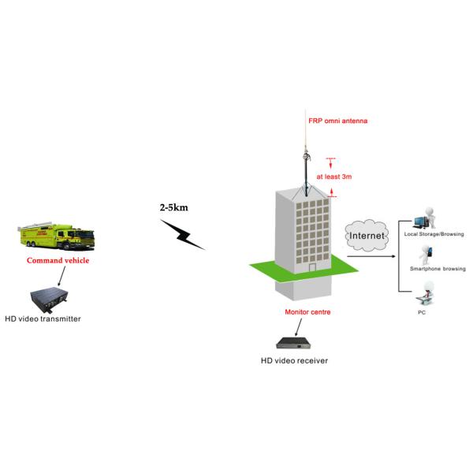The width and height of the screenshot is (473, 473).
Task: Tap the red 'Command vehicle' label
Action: pos(58,261)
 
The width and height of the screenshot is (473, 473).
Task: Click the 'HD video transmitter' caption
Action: pos(43,319)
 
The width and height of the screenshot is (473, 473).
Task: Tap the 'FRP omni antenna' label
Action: pos(337,121)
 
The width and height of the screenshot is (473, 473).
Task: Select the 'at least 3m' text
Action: pos(333,177)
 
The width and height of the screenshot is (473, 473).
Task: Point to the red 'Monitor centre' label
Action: pos(307,312)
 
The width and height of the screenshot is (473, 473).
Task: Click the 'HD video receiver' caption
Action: pos(294,361)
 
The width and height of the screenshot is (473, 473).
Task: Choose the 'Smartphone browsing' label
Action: pos(438,269)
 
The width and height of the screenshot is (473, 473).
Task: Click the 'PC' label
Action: pos(421,312)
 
